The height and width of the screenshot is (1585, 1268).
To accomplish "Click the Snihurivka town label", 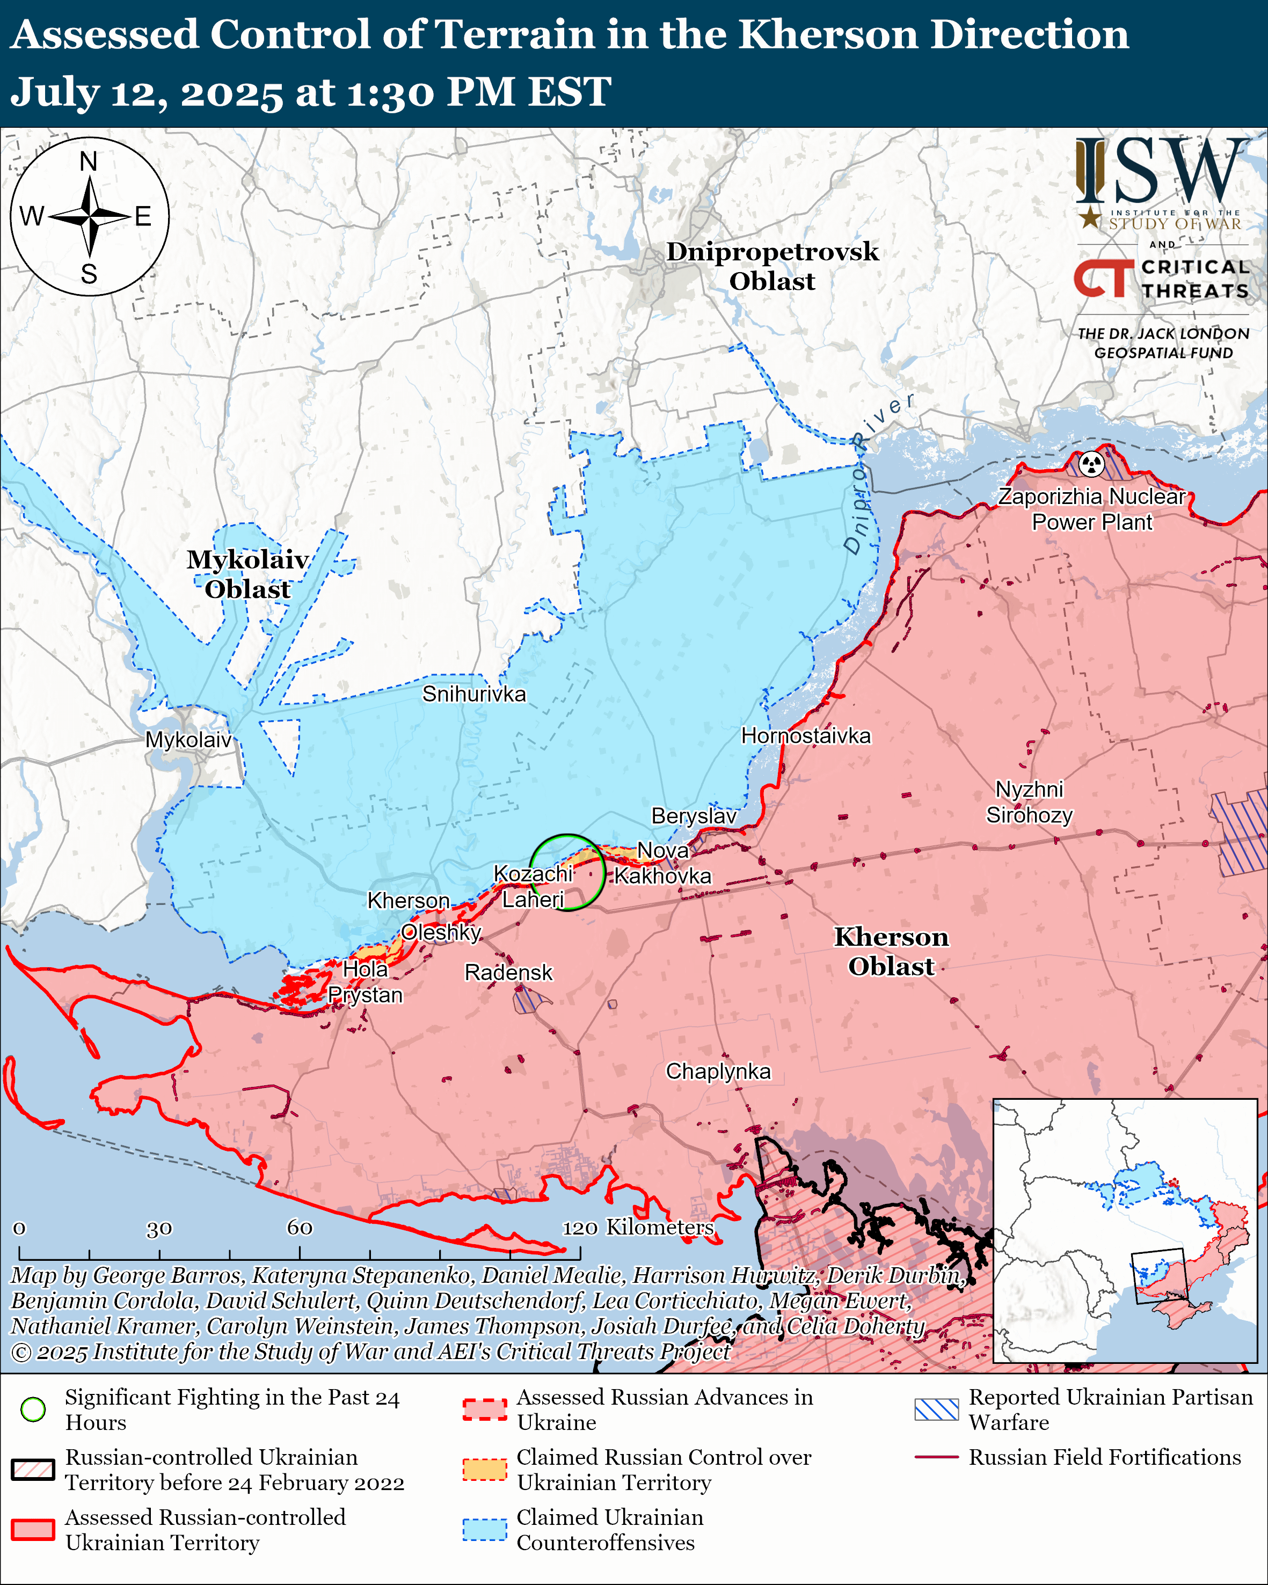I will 473,694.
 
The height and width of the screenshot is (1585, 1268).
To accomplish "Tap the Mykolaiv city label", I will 188,740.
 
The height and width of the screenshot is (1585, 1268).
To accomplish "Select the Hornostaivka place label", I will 806,736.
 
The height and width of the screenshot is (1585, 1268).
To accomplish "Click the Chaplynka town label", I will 718,1071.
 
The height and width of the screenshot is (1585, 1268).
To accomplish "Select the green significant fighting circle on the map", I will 567,873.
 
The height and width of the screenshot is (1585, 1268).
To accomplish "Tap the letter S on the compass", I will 89,274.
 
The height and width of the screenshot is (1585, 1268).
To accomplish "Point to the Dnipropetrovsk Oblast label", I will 772,266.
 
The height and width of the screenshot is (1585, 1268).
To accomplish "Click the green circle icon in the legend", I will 33,1409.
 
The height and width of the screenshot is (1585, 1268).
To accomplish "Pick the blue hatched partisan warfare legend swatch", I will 936,1409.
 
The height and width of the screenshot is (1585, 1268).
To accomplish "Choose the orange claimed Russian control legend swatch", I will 484,1470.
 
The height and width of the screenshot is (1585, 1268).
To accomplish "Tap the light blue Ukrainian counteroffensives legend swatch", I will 484,1530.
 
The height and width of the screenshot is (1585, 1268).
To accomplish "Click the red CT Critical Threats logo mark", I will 1104,279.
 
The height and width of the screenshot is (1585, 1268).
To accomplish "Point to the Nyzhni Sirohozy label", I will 1029,802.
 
